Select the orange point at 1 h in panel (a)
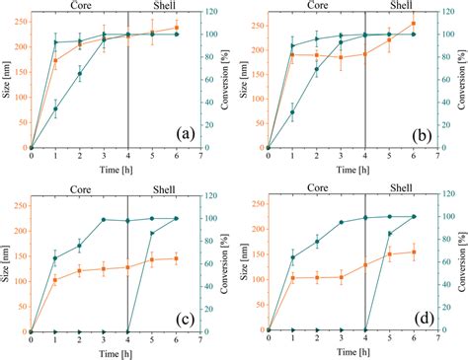pyautogui.click(x=55, y=61)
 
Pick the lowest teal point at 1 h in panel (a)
pyautogui.click(x=55, y=109)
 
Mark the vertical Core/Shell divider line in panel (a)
pyautogui.click(x=128, y=89)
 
